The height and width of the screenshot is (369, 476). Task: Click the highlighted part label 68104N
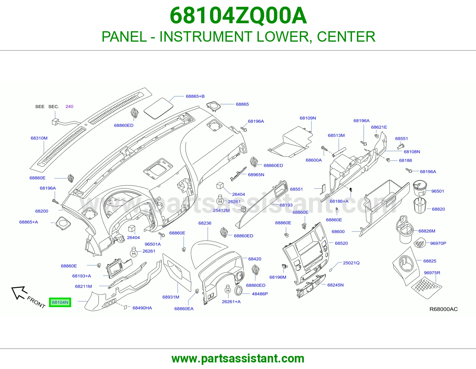(x=60, y=302)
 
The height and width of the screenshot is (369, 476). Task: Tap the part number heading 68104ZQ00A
(x=238, y=16)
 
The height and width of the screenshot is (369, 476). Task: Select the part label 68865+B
(x=195, y=96)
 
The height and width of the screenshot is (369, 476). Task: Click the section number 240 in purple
(x=69, y=107)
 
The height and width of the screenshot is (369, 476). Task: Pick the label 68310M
(x=39, y=138)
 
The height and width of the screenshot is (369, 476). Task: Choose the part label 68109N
(x=308, y=118)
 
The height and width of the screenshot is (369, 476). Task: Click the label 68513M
(x=336, y=135)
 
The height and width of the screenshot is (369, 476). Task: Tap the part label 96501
(x=437, y=191)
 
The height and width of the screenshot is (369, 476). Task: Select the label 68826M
(x=427, y=231)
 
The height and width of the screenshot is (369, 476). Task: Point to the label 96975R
(x=432, y=273)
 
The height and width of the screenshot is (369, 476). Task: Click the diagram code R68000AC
(x=443, y=309)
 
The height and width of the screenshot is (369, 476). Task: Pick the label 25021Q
(x=351, y=263)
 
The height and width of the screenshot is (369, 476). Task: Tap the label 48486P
(x=260, y=294)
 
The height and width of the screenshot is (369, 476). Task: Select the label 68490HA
(x=142, y=308)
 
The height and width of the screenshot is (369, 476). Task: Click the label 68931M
(x=171, y=297)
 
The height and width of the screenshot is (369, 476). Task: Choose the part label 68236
(x=205, y=223)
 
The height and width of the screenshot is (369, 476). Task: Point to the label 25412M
(x=221, y=210)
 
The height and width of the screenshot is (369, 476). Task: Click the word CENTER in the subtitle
(x=346, y=37)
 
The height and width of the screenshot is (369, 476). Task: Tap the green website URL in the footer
(x=238, y=359)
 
